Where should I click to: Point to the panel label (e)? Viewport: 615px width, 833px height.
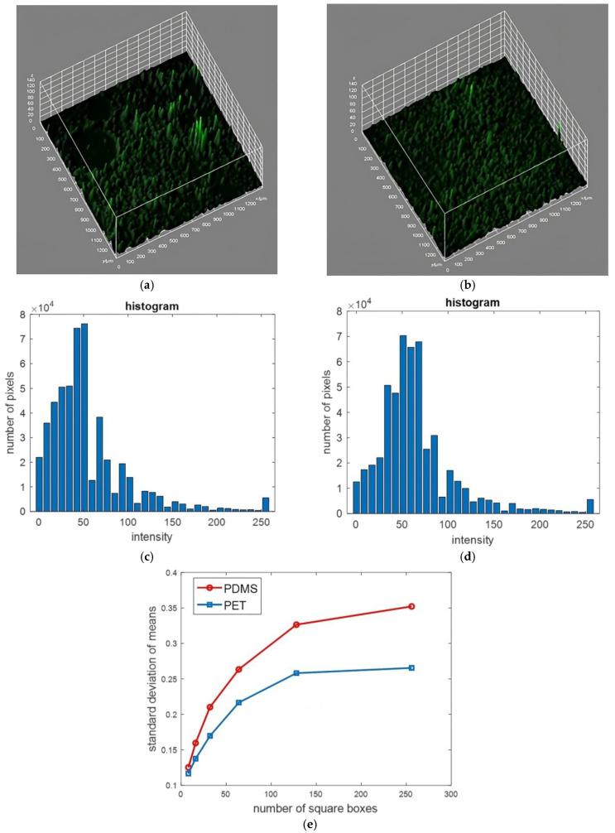pos(308,823)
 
